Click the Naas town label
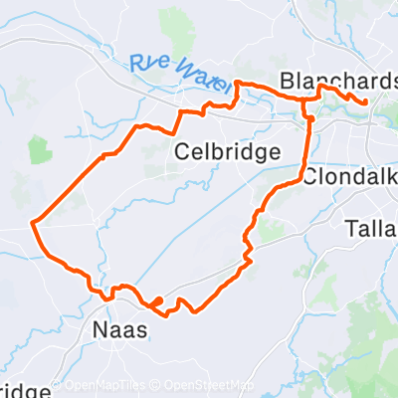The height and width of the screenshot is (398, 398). (x=119, y=328)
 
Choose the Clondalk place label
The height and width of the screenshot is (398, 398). (x=348, y=177)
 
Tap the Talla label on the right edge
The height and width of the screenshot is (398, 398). (x=372, y=229)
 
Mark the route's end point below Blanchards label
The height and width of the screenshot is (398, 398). (x=365, y=101)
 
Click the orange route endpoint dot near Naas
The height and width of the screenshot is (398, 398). (x=157, y=299)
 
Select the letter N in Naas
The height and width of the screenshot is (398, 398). (x=99, y=328)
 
